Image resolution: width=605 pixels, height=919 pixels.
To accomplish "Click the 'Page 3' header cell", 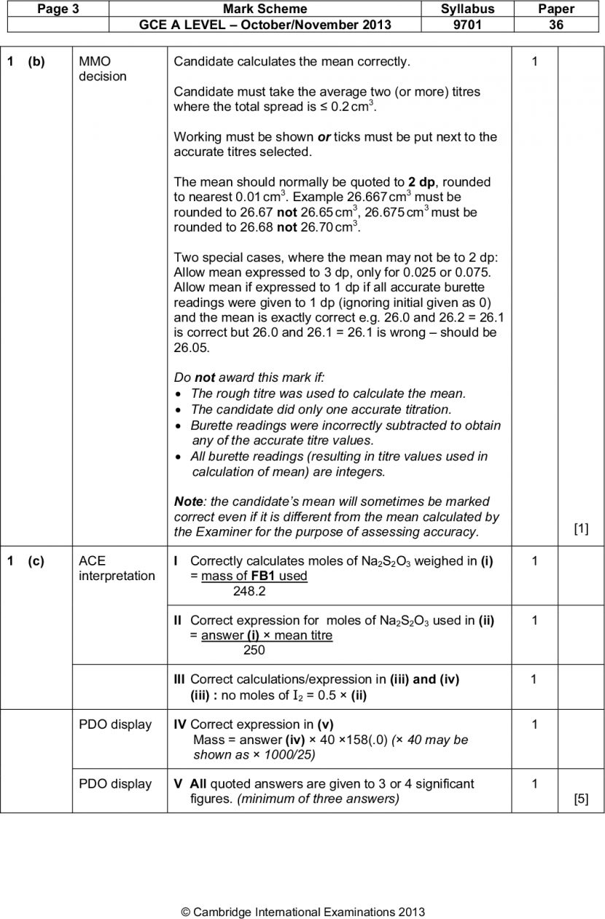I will pos(53,9).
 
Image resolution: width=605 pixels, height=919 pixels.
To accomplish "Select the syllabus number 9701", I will pos(467,25).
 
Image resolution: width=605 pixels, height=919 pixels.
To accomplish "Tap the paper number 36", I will pos(556,25).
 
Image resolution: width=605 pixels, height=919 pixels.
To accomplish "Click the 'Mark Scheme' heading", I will pos(265,9).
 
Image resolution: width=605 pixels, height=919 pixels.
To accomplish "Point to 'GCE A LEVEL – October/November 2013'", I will pos(265,25).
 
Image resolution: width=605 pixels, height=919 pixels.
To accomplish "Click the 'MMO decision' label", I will pos(102,69).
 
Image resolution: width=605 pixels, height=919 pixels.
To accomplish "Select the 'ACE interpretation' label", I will pos(117,568).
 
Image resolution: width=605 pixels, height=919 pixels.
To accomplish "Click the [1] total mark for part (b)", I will pos(581,529).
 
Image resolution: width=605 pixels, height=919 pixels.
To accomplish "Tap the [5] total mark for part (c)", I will pos(581,798).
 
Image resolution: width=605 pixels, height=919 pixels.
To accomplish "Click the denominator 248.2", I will pos(249,591).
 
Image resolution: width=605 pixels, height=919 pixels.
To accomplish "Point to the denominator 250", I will pos(254,651).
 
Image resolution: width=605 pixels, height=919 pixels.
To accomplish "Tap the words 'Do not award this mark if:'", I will pos(249,378).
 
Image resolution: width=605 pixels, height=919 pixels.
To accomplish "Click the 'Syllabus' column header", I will pos(467,9).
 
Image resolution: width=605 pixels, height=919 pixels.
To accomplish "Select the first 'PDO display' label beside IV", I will pos(115,724).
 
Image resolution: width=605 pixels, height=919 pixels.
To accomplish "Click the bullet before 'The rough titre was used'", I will pos(179,394).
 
